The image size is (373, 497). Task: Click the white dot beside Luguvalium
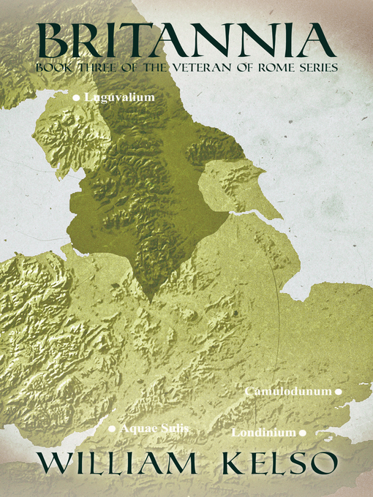[x=75, y=96]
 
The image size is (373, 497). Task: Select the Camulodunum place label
[x=288, y=392]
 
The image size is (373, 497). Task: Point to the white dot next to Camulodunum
[x=338, y=392]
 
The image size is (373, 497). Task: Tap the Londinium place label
[x=263, y=433]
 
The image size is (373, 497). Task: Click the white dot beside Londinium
[x=302, y=433]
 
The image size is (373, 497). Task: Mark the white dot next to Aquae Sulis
[x=112, y=429]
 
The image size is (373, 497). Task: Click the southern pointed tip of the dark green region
[x=149, y=300]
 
